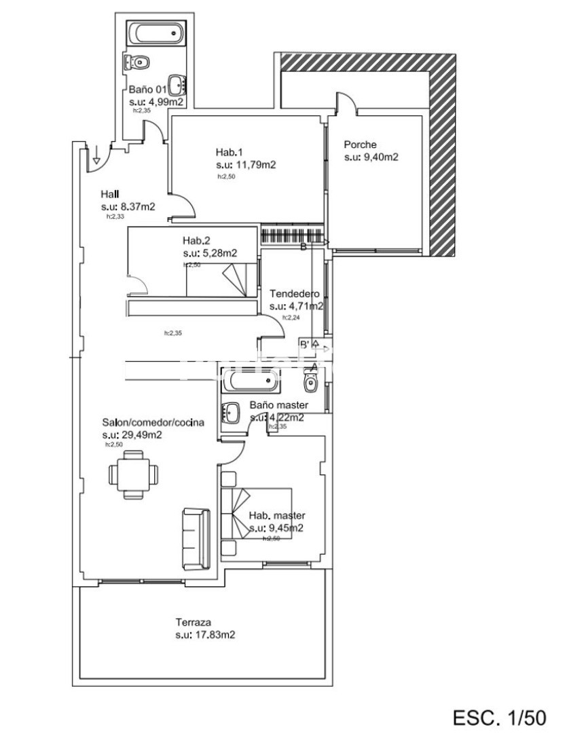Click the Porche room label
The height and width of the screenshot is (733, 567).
point(360,145)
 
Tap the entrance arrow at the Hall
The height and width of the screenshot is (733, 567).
point(97,154)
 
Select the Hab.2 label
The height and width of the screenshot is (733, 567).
point(196,240)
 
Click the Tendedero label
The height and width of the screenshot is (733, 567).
point(295,294)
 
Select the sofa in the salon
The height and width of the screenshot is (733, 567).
point(196,538)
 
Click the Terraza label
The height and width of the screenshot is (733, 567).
point(194,622)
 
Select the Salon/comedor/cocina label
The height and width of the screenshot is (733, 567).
point(153,422)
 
